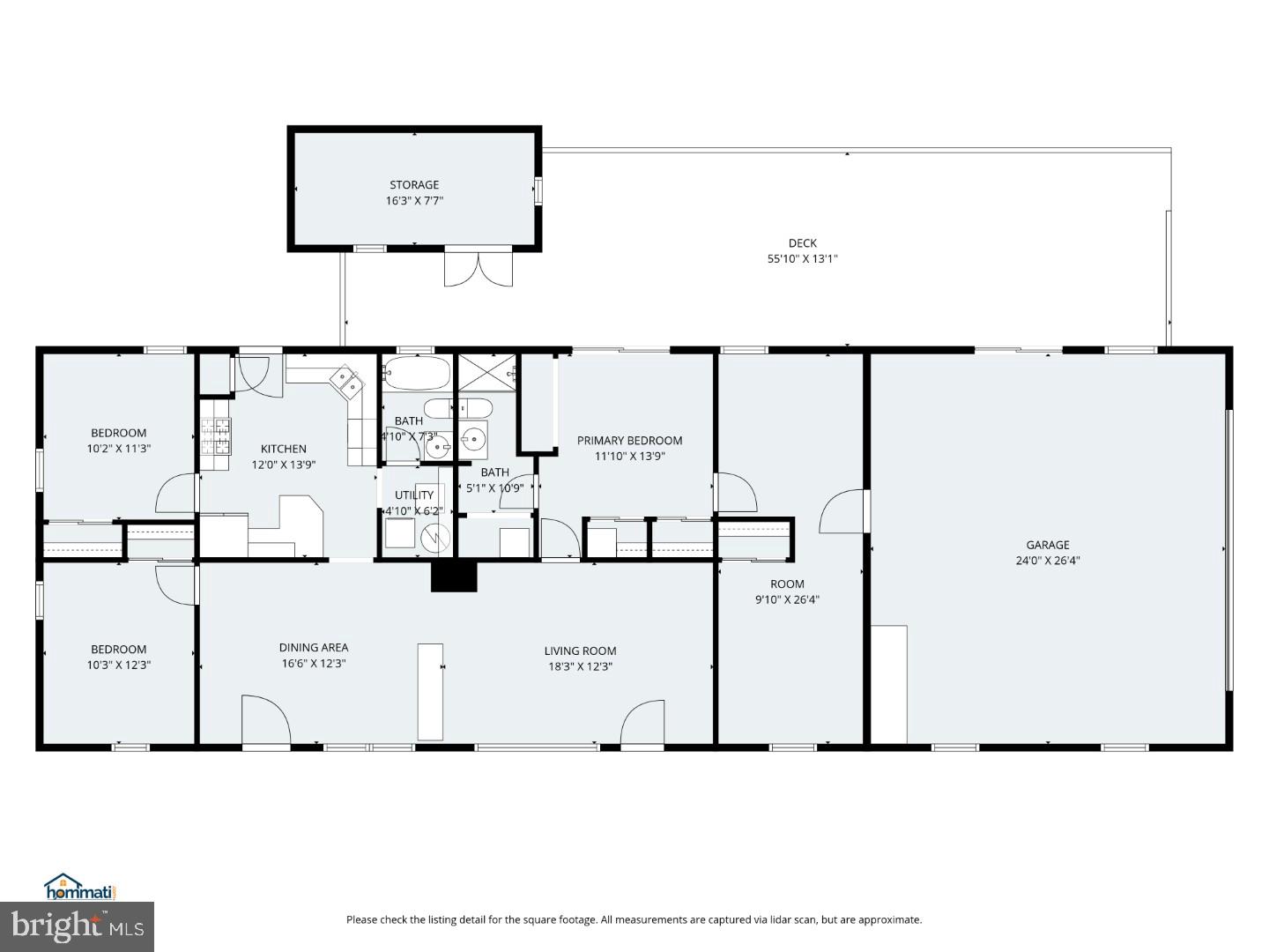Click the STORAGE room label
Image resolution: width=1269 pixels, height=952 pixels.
pyautogui.click(x=414, y=185)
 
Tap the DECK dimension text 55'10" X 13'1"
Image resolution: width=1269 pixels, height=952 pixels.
pyautogui.click(x=802, y=259)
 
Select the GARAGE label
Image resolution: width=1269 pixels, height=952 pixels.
pyautogui.click(x=1047, y=545)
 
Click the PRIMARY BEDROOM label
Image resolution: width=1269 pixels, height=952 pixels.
pyautogui.click(x=629, y=441)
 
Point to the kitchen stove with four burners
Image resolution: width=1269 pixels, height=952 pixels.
pyautogui.click(x=216, y=435)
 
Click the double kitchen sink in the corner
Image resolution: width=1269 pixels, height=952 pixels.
pyautogui.click(x=345, y=382)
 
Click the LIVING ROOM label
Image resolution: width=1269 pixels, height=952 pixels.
pyautogui.click(x=580, y=651)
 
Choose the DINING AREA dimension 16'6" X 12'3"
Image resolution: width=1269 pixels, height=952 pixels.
pyautogui.click(x=314, y=664)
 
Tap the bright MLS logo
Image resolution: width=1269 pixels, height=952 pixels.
pyautogui.click(x=77, y=926)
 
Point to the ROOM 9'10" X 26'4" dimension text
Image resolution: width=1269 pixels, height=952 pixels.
pyautogui.click(x=787, y=600)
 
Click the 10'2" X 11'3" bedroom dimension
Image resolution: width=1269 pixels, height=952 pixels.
pyautogui.click(x=119, y=449)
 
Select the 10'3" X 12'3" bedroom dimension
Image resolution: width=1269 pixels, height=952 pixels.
pyautogui.click(x=119, y=666)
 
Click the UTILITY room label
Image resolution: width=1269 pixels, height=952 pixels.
pyautogui.click(x=414, y=495)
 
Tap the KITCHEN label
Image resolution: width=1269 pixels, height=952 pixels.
pyautogui.click(x=283, y=450)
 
